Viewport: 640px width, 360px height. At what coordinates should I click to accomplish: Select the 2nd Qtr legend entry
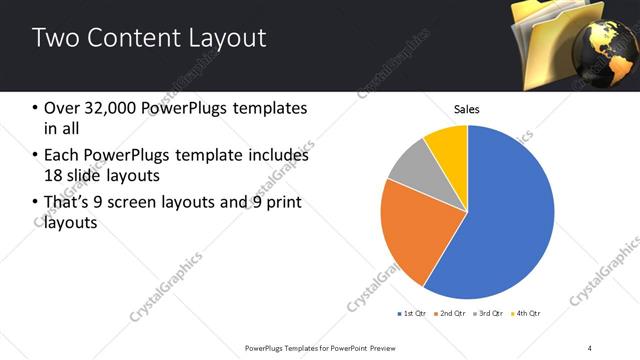coord(450,313)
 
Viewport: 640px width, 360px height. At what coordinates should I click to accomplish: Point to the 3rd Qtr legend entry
coord(487,313)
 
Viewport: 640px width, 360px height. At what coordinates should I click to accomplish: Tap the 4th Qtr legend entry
coord(525,313)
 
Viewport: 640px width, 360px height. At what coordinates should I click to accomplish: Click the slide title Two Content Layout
coord(149,38)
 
